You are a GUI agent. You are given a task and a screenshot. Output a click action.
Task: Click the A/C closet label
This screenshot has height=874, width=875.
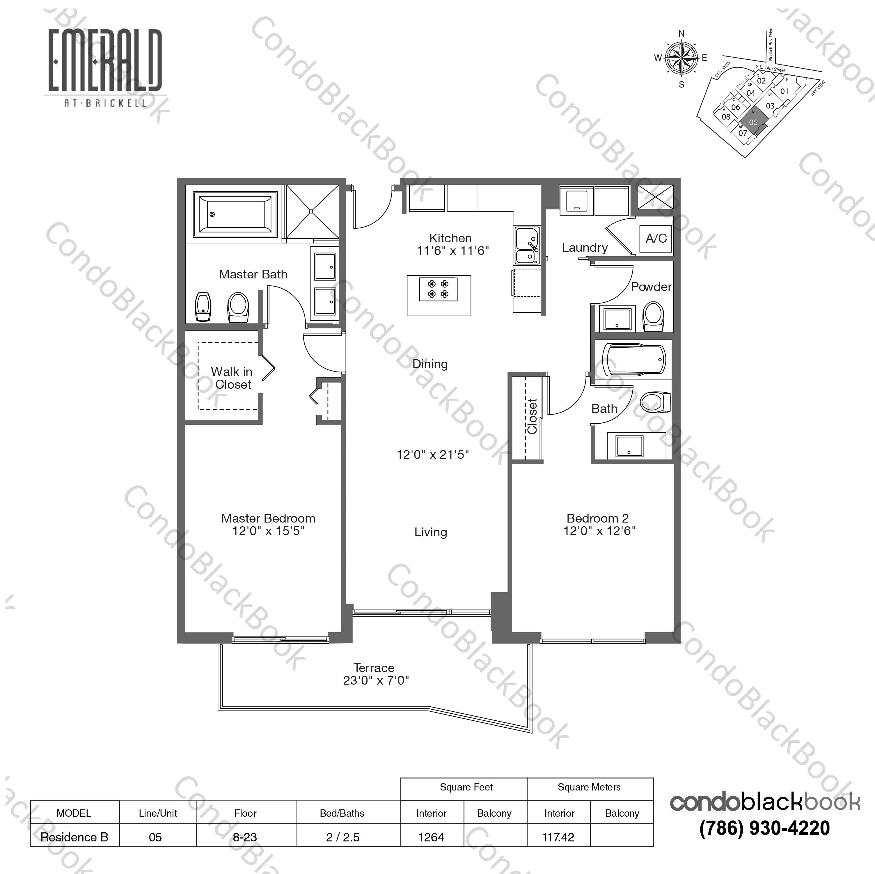coord(656,238)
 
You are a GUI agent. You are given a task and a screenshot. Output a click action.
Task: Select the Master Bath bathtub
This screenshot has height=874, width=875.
coord(235,214)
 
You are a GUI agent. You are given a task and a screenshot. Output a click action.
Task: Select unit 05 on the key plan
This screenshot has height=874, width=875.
coord(753,122)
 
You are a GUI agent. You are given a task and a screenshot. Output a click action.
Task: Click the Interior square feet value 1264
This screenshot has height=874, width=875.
coord(431,837)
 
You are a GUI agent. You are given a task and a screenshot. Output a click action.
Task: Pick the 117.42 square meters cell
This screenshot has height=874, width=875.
coord(558,837)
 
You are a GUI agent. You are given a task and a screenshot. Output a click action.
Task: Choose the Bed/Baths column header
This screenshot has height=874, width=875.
coord(342,813)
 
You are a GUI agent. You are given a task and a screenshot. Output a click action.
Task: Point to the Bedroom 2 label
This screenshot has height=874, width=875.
coord(597,518)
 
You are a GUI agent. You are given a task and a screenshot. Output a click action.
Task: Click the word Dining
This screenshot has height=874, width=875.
coord(430,364)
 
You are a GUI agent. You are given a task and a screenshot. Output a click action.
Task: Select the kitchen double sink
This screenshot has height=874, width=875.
coord(527,246)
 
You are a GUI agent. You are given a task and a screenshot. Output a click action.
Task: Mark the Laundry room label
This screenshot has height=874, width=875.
coord(585,248)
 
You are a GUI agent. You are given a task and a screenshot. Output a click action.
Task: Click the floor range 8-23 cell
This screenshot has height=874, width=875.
coord(245,837)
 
